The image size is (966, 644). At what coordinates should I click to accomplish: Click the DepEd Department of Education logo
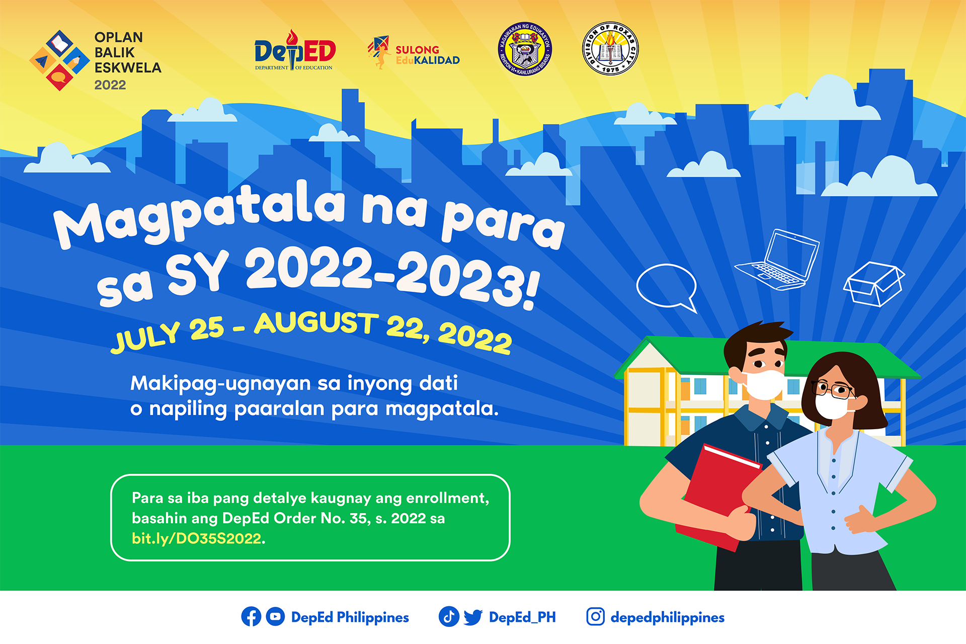coord(295,50)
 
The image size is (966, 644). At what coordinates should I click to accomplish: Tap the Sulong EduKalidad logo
coord(414,53)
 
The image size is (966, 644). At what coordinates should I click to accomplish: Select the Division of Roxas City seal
coord(610,48)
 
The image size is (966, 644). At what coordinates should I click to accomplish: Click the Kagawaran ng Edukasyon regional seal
coord(525,49)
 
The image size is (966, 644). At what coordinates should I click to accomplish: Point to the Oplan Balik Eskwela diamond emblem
coord(60,60)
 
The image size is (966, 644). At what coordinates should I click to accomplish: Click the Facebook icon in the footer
coord(251,617)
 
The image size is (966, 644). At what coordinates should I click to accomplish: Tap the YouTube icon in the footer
coord(275,617)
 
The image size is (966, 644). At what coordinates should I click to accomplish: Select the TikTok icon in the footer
coord(449,617)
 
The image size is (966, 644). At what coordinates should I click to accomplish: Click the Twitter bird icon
coord(473,617)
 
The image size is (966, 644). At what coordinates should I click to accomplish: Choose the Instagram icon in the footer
coord(596,617)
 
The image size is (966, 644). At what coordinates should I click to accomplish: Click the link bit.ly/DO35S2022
coord(197,538)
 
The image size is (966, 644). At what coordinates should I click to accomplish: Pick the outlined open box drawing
coord(874,284)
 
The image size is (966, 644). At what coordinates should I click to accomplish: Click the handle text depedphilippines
coord(668,618)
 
